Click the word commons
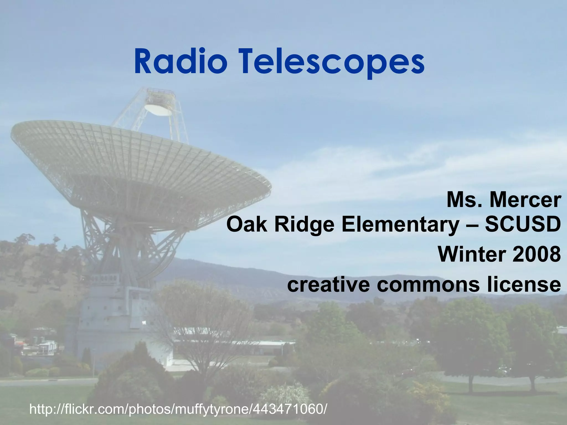pyautogui.click(x=428, y=285)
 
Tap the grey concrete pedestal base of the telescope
pyautogui.click(x=111, y=318)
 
